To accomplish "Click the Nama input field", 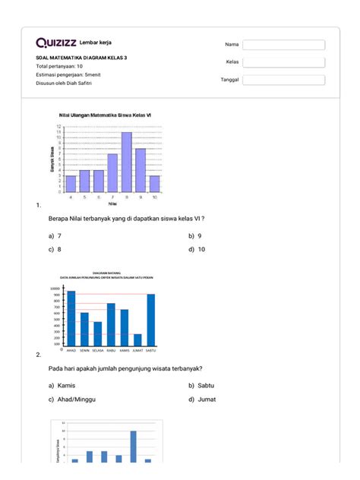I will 283,45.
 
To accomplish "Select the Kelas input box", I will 283,62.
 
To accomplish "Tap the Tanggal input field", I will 283,80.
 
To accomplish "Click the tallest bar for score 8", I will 126,162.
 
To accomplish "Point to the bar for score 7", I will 112,172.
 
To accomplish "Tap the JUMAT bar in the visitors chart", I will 137,339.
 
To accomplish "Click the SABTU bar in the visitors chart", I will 151,320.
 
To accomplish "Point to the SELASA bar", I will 97,333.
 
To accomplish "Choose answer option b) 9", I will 195,236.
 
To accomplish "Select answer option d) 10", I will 197,248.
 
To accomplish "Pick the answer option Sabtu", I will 201,386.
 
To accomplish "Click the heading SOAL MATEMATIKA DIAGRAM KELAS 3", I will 82,58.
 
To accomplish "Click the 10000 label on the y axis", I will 55,289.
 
